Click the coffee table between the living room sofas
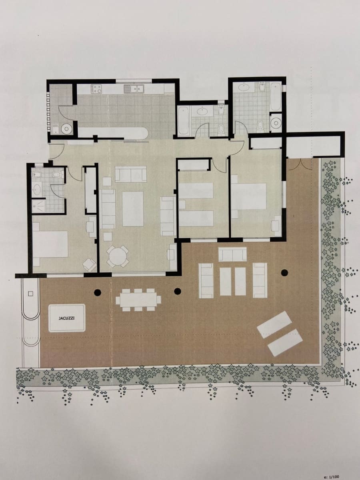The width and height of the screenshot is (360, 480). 132,208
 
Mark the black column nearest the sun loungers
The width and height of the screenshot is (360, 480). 284,273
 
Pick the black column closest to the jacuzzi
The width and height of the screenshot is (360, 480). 97,292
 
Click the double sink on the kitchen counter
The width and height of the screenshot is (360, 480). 134,89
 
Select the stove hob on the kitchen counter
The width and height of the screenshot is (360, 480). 97,88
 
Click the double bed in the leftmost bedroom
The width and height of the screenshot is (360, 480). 50,244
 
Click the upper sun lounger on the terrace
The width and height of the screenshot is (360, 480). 274,324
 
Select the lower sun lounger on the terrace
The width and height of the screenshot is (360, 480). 285,342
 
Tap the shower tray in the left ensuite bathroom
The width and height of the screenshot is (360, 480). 39,206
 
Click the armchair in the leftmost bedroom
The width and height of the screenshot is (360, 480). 89,264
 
